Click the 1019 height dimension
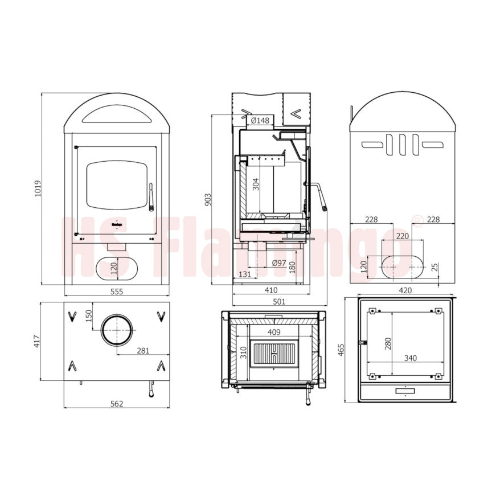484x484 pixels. (x=38, y=188)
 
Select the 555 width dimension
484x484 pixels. (x=117, y=292)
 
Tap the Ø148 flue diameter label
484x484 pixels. (x=260, y=120)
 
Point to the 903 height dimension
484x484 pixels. (x=208, y=199)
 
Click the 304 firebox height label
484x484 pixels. (x=256, y=184)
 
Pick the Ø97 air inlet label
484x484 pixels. (x=279, y=263)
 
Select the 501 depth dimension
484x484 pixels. (x=279, y=301)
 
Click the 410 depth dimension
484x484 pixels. (x=271, y=290)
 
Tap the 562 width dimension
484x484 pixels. (x=117, y=404)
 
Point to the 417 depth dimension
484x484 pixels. (x=37, y=341)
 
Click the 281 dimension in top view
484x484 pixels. (x=143, y=351)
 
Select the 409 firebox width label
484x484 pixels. (x=274, y=332)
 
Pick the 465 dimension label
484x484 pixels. (x=341, y=350)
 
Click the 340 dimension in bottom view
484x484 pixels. (x=410, y=358)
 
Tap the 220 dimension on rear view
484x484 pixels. (x=403, y=236)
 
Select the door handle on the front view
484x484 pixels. (x=151, y=197)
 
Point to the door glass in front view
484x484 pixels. (x=117, y=185)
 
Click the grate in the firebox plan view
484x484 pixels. (x=274, y=354)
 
